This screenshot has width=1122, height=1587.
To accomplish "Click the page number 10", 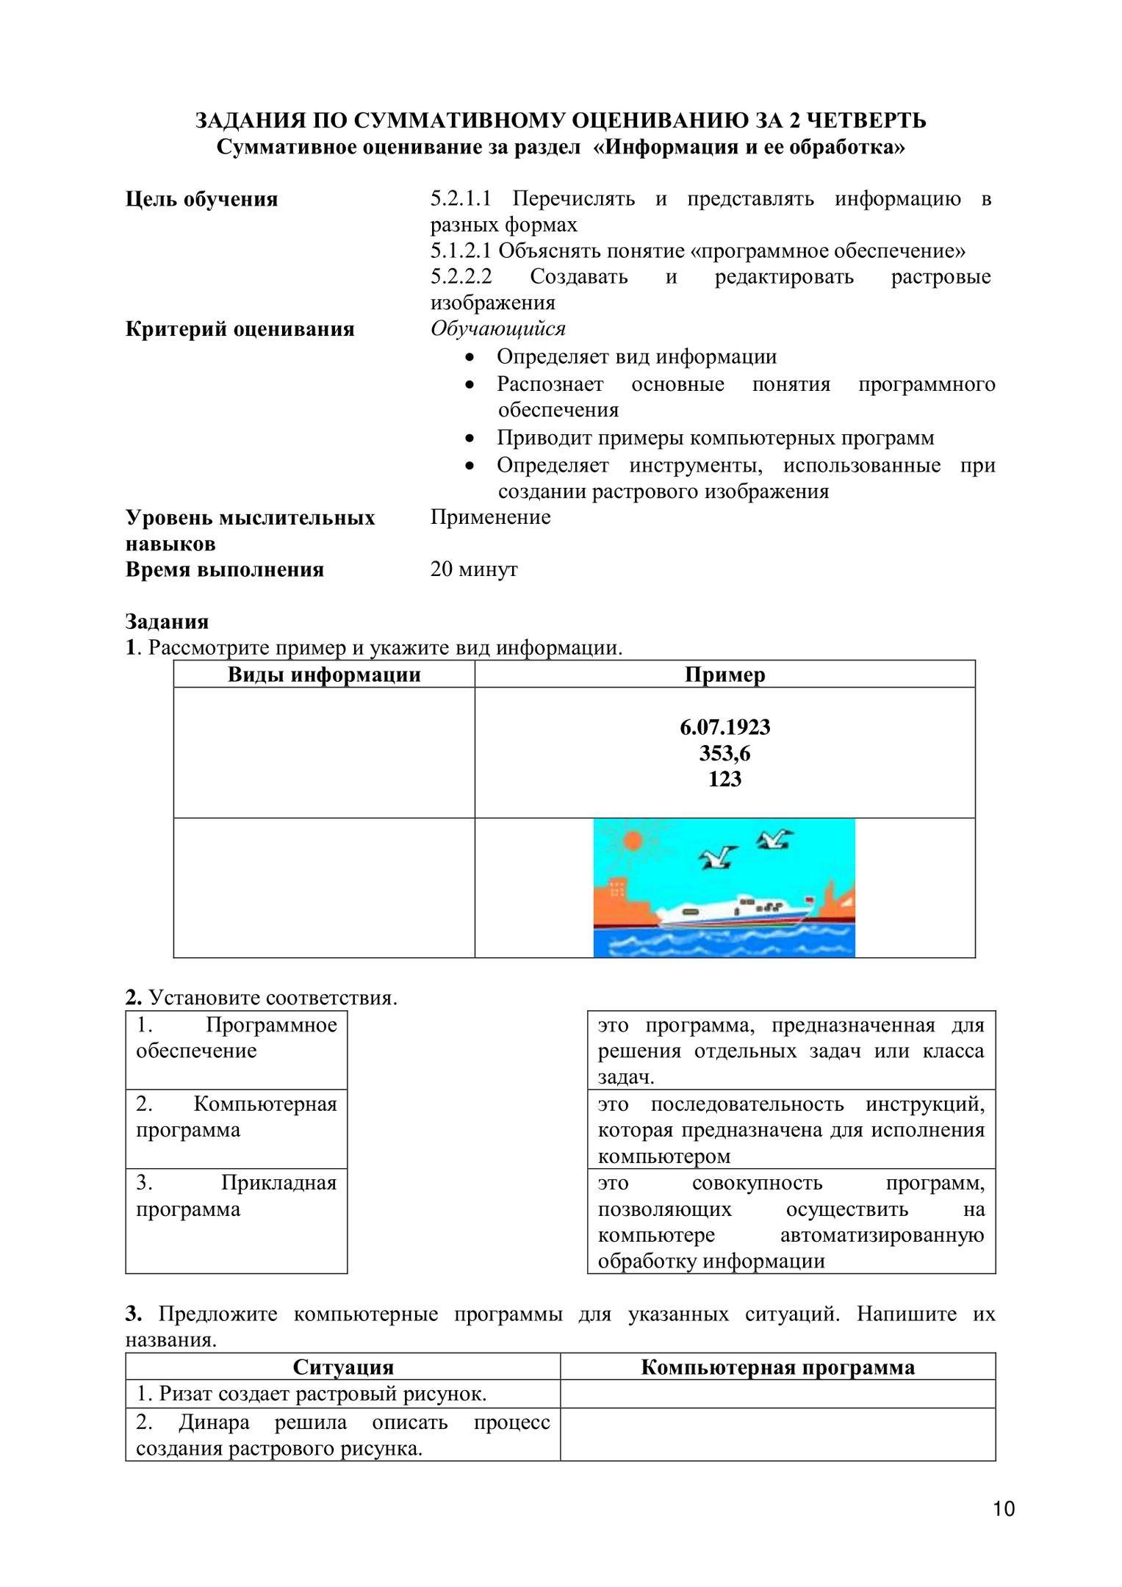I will [1004, 1509].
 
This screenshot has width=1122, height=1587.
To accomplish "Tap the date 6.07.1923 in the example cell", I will [724, 727].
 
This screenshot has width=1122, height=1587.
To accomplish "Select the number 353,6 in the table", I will [724, 753].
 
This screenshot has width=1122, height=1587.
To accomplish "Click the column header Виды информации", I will [324, 674].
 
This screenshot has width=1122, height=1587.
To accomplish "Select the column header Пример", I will [724, 674].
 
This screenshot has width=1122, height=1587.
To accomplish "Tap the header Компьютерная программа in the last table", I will [777, 1367].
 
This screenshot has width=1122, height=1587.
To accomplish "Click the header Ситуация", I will [343, 1367].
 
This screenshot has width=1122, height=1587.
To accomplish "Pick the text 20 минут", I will [474, 569].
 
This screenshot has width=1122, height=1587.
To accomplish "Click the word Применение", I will [490, 517].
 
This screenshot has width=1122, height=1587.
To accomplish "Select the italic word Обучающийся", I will [497, 328].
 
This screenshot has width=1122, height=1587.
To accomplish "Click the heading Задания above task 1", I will [167, 622].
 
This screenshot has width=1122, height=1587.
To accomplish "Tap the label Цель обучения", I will [201, 199].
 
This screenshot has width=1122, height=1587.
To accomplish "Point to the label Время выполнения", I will [224, 569].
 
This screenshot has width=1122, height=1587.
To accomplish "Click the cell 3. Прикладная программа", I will [236, 1208].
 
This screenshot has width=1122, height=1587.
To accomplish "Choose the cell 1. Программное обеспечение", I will [236, 1037].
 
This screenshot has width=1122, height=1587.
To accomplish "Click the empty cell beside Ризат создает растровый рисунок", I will [777, 1394].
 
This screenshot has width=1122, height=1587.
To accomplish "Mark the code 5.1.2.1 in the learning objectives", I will [460, 251].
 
